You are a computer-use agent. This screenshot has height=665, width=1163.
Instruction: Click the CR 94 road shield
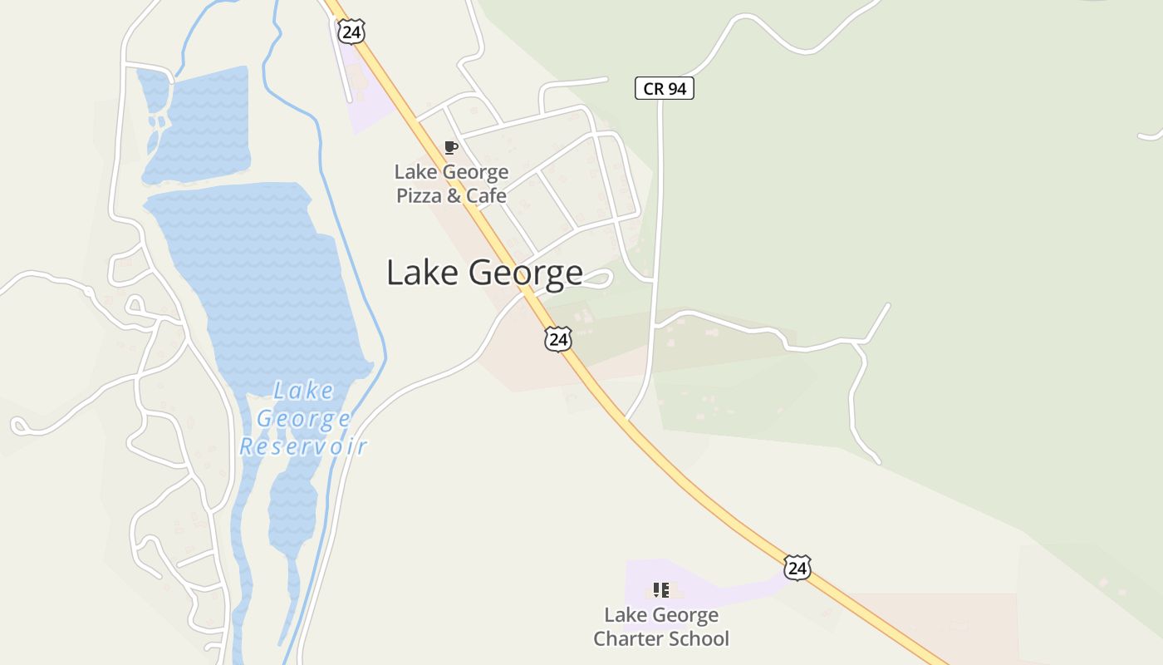pyautogui.click(x=665, y=88)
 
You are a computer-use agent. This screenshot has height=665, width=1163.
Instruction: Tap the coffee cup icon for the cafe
pyautogui.click(x=451, y=148)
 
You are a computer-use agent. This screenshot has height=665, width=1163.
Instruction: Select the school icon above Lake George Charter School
pyautogui.click(x=660, y=590)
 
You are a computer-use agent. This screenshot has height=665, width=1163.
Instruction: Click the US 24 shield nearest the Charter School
pyautogui.click(x=797, y=568)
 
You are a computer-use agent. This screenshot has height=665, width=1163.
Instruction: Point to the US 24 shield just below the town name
pyautogui.click(x=559, y=338)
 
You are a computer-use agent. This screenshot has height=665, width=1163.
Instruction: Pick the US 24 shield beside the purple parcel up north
pyautogui.click(x=351, y=31)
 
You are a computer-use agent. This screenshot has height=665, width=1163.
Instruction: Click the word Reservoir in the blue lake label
pyautogui.click(x=303, y=446)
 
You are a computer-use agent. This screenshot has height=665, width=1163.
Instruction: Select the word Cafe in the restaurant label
pyautogui.click(x=486, y=196)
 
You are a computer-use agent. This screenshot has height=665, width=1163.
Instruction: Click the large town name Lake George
pyautogui.click(x=484, y=273)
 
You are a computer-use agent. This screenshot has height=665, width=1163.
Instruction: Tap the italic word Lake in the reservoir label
pyautogui.click(x=304, y=391)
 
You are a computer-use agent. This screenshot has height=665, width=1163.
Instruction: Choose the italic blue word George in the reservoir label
pyautogui.click(x=303, y=418)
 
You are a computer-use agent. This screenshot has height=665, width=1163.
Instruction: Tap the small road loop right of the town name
pyautogui.click(x=600, y=279)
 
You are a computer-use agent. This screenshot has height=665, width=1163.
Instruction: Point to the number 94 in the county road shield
pyautogui.click(x=677, y=88)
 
